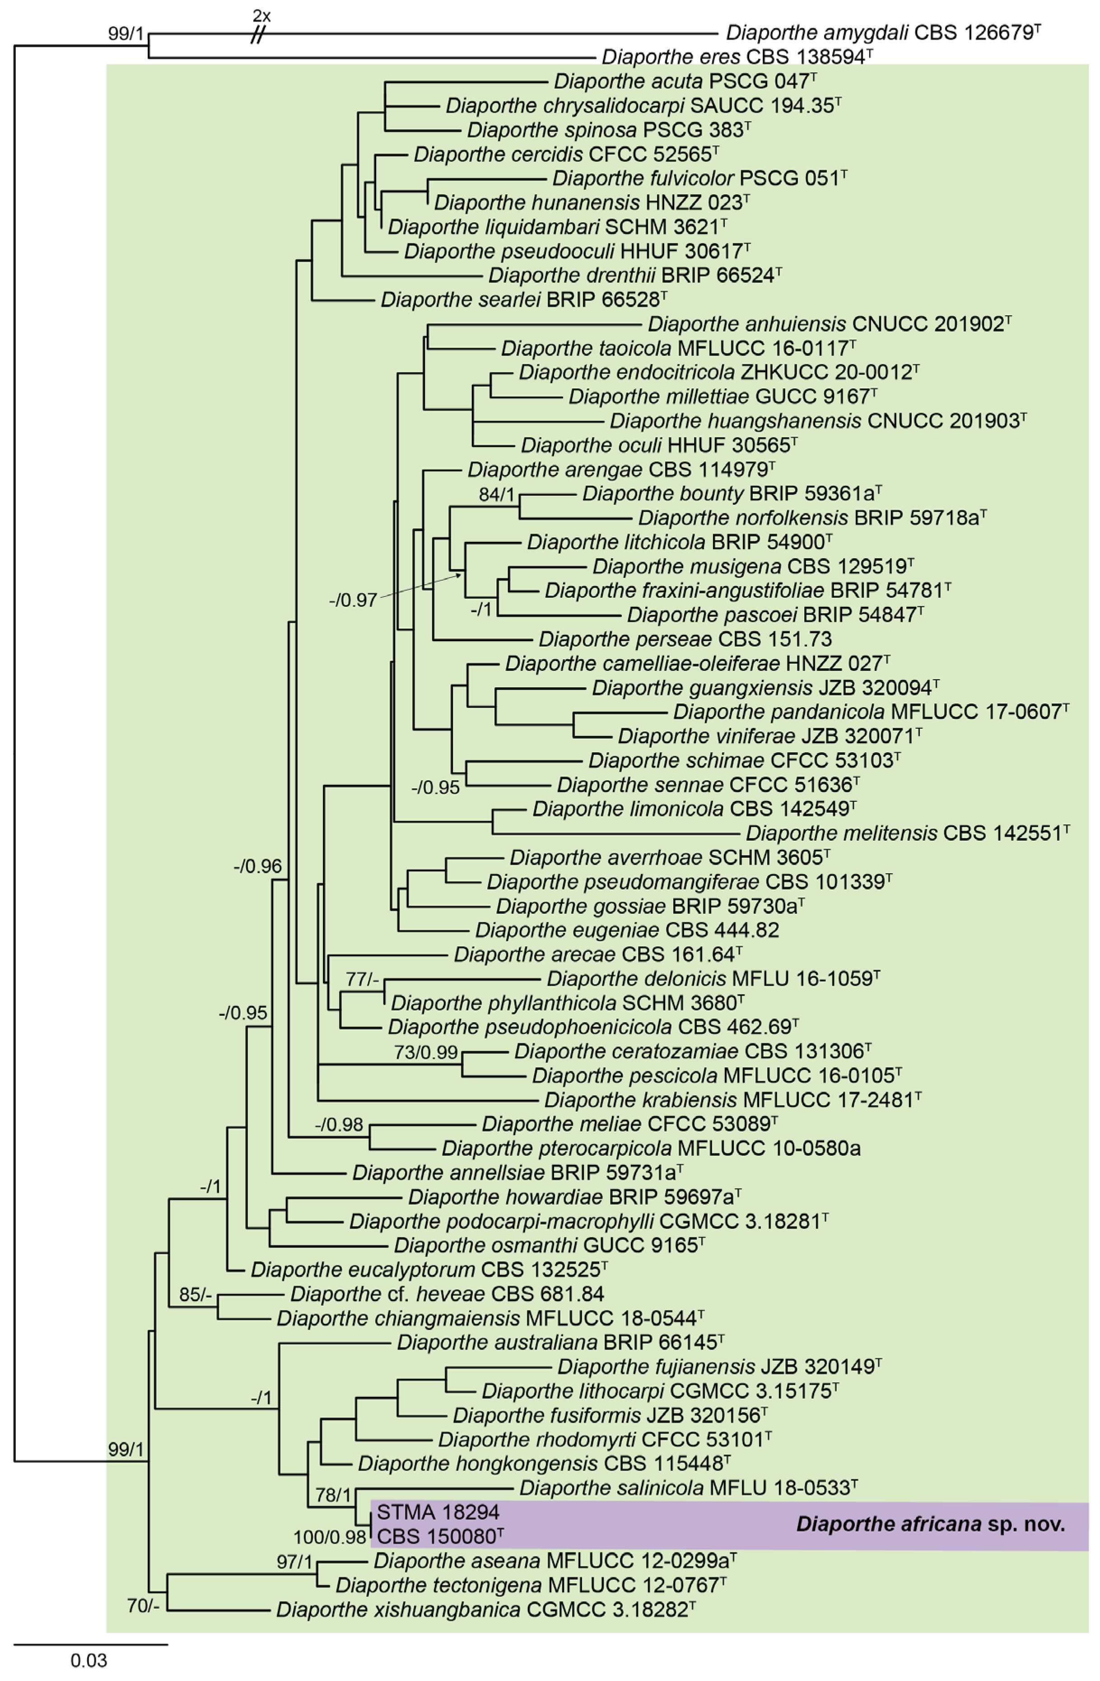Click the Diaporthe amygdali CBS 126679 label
coord(882,33)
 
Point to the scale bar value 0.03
coord(89,1660)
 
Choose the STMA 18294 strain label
coord(438,1512)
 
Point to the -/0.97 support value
coord(353,601)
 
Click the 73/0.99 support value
coord(426,1052)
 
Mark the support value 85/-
coord(196,1294)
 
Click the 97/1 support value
coord(294,1561)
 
